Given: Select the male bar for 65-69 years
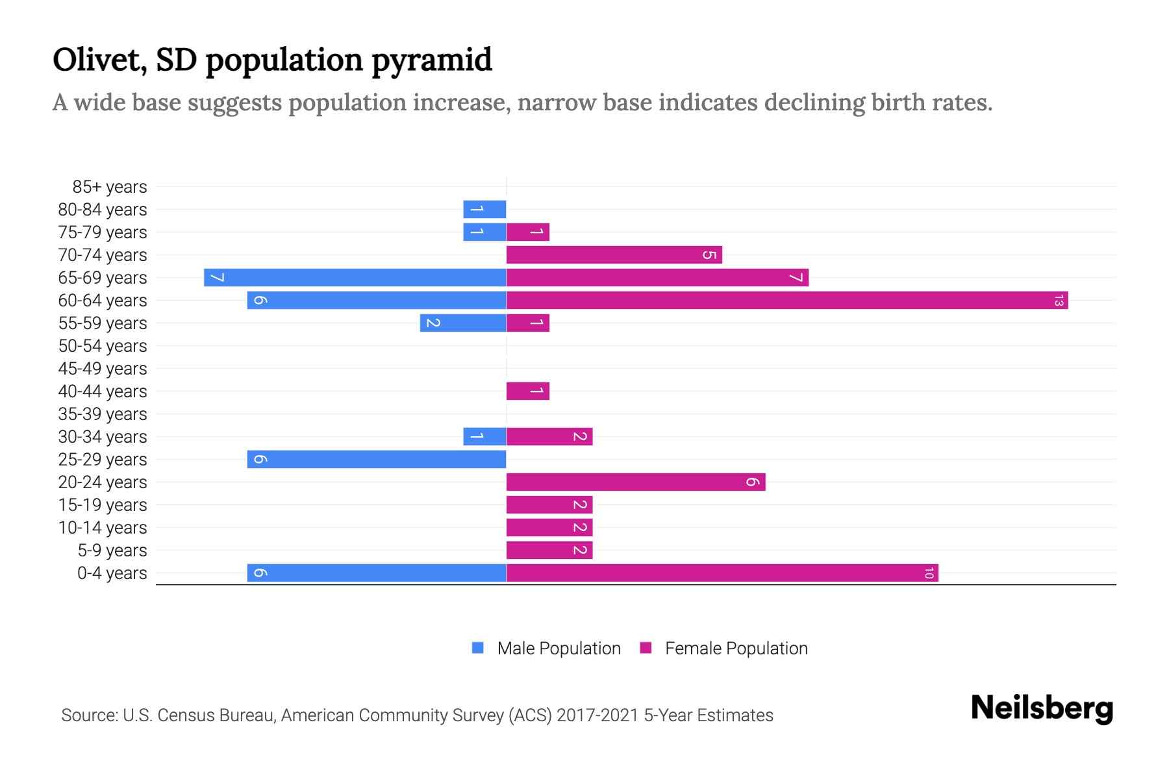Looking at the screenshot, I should (355, 278).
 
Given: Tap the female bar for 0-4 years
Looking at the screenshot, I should (722, 573).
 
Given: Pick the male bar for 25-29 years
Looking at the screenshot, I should (377, 460).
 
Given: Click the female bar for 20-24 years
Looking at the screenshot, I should (636, 482).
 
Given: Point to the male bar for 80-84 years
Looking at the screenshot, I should (484, 210).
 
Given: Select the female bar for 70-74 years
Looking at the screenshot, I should (614, 255).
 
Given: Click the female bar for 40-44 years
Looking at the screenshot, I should (527, 391).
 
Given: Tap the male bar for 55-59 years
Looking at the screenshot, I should (463, 323).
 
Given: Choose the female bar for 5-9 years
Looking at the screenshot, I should (549, 550).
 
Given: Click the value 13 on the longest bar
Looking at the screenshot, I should (1059, 301).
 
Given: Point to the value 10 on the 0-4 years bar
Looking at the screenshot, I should (929, 573).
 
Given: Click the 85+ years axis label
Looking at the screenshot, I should (110, 187).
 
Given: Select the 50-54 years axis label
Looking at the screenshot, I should (103, 346).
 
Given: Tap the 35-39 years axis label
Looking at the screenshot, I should (103, 414).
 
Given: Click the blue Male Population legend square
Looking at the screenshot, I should (478, 648).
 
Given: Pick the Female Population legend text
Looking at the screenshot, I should (736, 649).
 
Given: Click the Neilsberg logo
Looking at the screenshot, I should (1042, 708).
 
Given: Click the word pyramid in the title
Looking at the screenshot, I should (432, 60).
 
